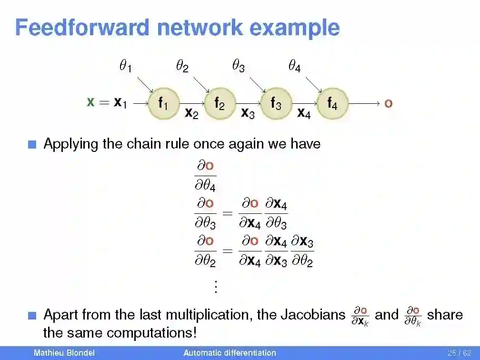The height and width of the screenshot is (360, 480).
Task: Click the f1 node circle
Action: (x=163, y=103)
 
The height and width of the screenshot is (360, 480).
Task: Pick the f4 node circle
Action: (x=332, y=103)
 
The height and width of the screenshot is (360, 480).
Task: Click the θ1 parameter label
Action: (x=125, y=66)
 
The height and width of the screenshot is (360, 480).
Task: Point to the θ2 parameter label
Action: (x=182, y=66)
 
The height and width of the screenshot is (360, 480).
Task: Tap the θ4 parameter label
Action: (x=294, y=66)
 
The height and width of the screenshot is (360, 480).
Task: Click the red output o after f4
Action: (x=388, y=103)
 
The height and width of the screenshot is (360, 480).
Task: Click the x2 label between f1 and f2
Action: (x=191, y=113)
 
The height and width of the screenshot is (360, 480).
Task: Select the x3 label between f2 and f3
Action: (x=248, y=113)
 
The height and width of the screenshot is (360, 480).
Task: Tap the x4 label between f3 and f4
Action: (x=304, y=113)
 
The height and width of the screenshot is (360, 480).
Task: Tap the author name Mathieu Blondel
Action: (x=64, y=353)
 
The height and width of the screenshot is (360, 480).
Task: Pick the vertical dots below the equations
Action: (x=216, y=287)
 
